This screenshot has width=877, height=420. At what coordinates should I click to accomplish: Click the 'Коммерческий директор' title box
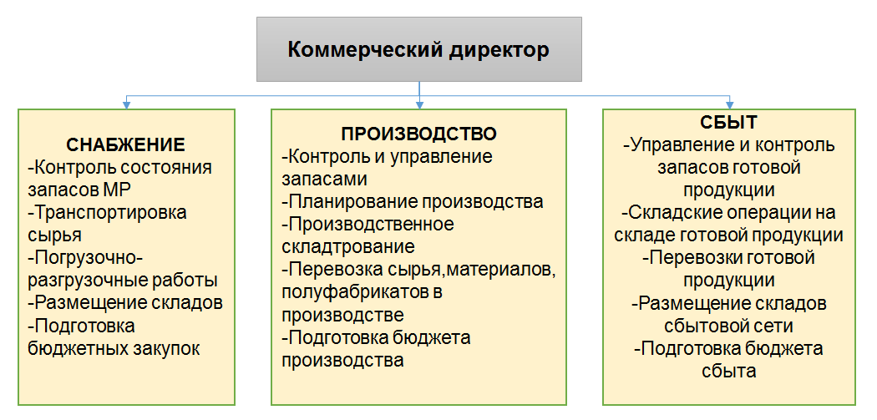[419, 49]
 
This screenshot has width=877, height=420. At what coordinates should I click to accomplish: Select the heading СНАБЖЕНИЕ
[126, 144]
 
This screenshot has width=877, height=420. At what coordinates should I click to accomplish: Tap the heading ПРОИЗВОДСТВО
[419, 134]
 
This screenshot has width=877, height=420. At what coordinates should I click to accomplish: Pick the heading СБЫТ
[729, 123]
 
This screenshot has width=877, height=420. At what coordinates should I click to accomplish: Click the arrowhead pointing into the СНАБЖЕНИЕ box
[127, 104]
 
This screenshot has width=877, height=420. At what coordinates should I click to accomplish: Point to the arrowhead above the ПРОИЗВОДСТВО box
[419, 104]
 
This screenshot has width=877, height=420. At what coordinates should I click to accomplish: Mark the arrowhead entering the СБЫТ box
[729, 104]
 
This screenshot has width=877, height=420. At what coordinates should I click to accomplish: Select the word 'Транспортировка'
[110, 213]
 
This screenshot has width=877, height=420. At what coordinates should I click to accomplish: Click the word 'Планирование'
[347, 201]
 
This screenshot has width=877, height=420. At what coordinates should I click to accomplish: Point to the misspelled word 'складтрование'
[348, 246]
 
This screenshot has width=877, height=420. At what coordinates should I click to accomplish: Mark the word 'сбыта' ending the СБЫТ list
[729, 370]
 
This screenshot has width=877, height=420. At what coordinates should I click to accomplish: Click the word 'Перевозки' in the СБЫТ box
[689, 258]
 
